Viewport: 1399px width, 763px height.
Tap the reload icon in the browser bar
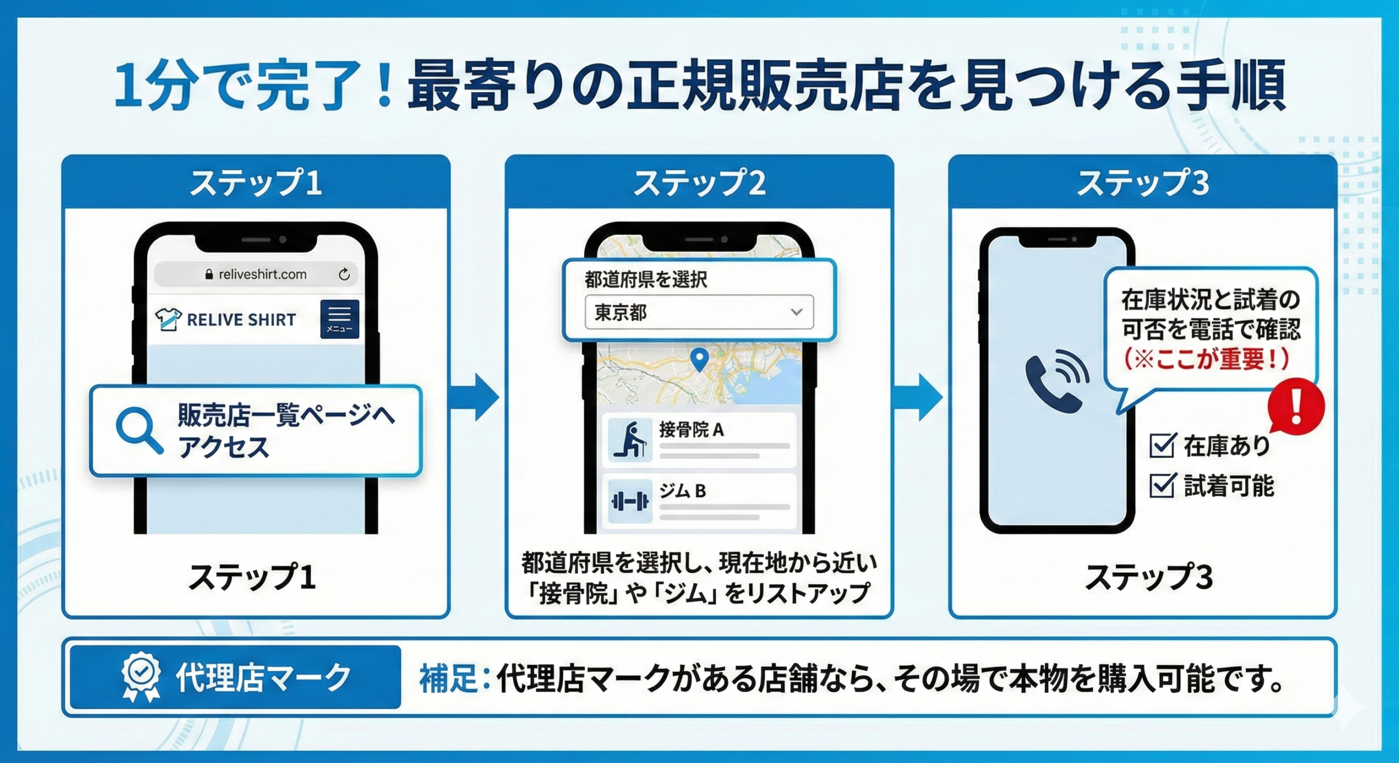pyautogui.click(x=344, y=274)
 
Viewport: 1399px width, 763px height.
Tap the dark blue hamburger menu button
pyautogui.click(x=339, y=319)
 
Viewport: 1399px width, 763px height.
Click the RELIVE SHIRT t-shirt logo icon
pyautogui.click(x=168, y=319)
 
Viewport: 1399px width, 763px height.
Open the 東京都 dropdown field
pyautogui.click(x=698, y=312)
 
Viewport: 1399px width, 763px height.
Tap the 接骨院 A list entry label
pyautogui.click(x=691, y=430)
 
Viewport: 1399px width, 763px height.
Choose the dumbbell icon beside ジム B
pyautogui.click(x=630, y=501)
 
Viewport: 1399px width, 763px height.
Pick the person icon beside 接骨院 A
pyautogui.click(x=630, y=439)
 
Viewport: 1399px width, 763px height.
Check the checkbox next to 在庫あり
pyautogui.click(x=1161, y=445)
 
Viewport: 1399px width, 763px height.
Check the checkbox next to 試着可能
pyautogui.click(x=1161, y=485)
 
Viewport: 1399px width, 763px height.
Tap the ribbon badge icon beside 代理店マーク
pyautogui.click(x=141, y=676)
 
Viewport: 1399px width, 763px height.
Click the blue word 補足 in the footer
pyautogui.click(x=448, y=678)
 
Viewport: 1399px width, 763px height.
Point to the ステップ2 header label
pyautogui.click(x=699, y=183)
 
